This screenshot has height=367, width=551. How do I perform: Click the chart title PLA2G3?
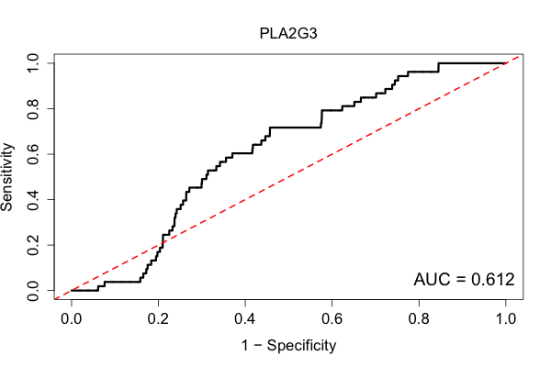click(x=288, y=34)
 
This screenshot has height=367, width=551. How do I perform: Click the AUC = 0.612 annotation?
click(x=464, y=280)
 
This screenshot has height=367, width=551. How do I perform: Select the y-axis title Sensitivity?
click(x=6, y=177)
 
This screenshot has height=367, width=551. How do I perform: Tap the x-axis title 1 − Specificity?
click(x=288, y=346)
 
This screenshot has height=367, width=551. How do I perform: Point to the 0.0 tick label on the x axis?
click(x=72, y=319)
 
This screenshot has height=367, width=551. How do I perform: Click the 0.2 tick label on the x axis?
click(x=158, y=319)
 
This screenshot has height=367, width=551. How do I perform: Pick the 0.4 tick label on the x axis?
click(x=245, y=319)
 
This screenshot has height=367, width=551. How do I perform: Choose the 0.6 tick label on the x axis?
click(x=332, y=319)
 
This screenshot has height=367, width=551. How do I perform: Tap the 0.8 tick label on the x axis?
click(x=419, y=319)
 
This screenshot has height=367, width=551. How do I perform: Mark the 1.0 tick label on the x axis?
click(x=506, y=319)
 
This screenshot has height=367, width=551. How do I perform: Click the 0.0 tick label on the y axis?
click(x=33, y=291)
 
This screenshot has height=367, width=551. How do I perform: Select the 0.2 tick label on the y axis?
click(x=33, y=245)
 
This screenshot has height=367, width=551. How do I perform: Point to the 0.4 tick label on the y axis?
click(x=33, y=199)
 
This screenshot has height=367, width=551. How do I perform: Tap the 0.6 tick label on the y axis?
click(x=33, y=154)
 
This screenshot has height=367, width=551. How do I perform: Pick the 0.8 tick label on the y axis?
click(x=33, y=109)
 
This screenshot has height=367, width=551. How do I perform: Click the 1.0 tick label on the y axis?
click(x=33, y=63)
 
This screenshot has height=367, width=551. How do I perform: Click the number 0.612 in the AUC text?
click(x=493, y=280)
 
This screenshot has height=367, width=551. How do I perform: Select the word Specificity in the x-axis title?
click(x=301, y=346)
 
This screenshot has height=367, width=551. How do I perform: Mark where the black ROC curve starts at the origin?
click(x=72, y=291)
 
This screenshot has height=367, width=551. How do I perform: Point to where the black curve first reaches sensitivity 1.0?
click(x=438, y=63)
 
